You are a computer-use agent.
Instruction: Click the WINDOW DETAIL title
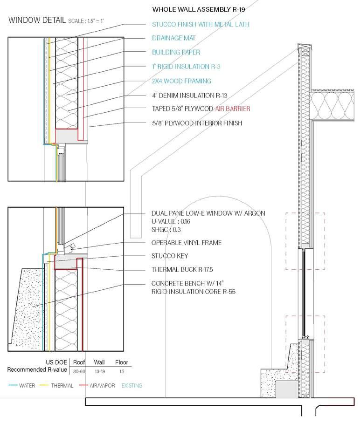(x=37, y=20)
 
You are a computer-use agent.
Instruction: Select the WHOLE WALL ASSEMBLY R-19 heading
(x=199, y=9)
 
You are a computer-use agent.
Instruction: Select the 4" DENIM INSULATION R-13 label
(x=189, y=96)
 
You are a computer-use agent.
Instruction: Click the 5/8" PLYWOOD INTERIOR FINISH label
(x=197, y=123)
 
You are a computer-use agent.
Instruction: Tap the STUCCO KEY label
(x=169, y=256)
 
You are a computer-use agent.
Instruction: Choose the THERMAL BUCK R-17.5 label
(x=180, y=269)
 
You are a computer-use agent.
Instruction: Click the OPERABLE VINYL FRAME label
(x=186, y=243)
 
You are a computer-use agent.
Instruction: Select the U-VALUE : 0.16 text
(x=171, y=221)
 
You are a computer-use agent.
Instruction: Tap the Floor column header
(x=121, y=362)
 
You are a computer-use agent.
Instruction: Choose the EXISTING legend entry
(x=132, y=386)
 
